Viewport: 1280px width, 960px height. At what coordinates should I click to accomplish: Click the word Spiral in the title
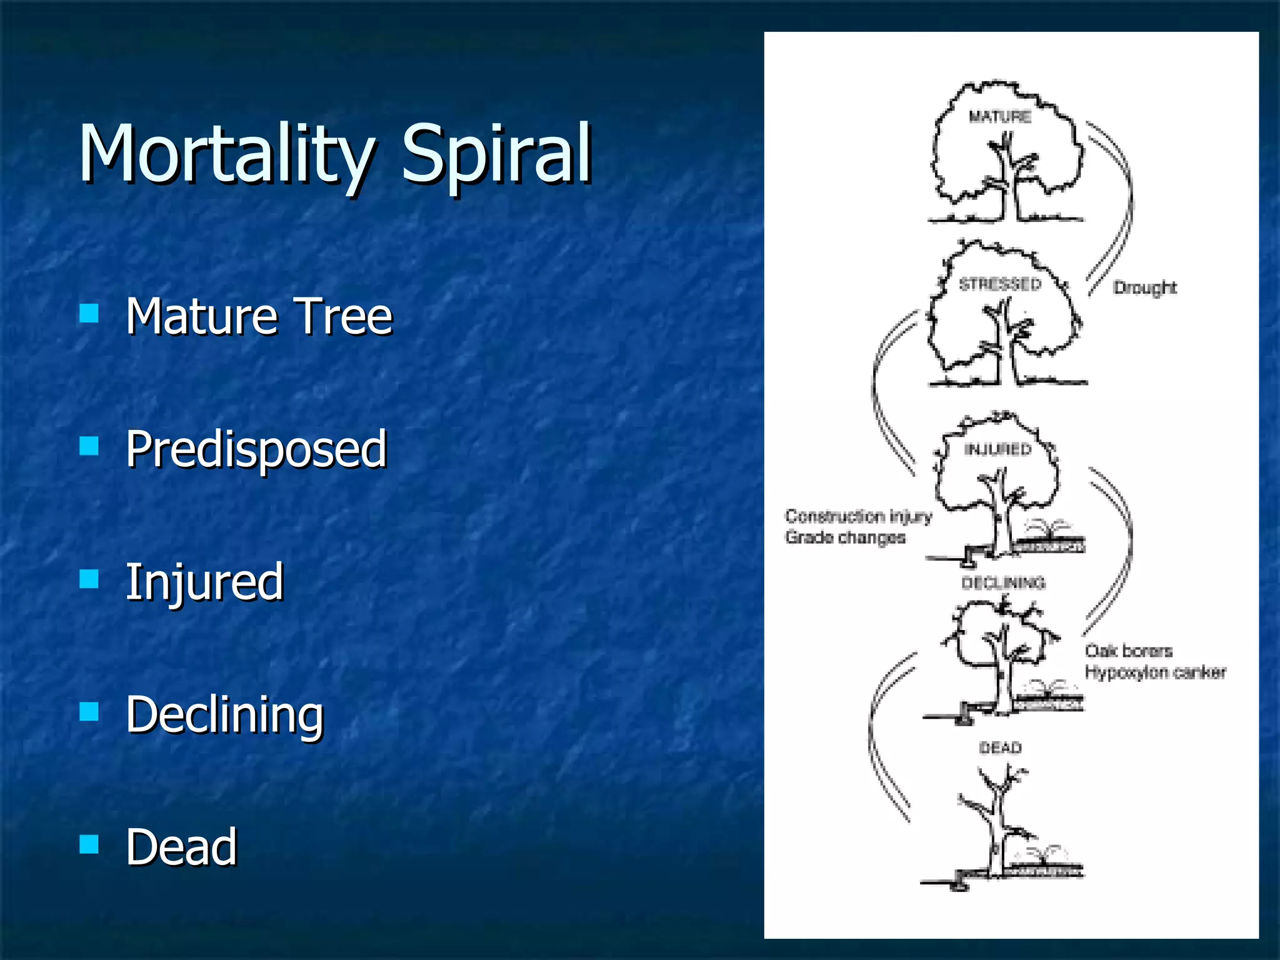pyautogui.click(x=497, y=154)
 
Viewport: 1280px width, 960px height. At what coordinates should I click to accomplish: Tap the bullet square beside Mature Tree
pyautogui.click(x=89, y=313)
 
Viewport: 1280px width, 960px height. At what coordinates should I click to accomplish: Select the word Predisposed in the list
pyautogui.click(x=256, y=449)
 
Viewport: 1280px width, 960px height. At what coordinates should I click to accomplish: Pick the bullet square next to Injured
pyautogui.click(x=89, y=579)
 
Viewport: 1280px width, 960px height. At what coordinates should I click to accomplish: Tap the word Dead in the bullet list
pyautogui.click(x=181, y=847)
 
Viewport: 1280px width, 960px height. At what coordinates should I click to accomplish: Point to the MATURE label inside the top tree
pyautogui.click(x=1000, y=117)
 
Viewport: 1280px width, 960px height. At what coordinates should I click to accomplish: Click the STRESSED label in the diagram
pyautogui.click(x=1000, y=284)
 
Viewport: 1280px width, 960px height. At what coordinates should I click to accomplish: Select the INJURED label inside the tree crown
pyautogui.click(x=997, y=449)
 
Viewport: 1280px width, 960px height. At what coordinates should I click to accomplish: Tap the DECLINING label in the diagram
pyautogui.click(x=1003, y=583)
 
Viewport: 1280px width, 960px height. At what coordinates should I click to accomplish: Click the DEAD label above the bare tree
pyautogui.click(x=1000, y=747)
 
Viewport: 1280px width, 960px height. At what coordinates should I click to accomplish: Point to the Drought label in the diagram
pyautogui.click(x=1145, y=287)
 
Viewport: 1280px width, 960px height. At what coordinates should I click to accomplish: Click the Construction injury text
pyautogui.click(x=858, y=516)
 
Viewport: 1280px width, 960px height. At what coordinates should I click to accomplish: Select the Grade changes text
pyautogui.click(x=845, y=537)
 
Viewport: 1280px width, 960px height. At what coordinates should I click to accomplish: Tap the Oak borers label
pyautogui.click(x=1129, y=651)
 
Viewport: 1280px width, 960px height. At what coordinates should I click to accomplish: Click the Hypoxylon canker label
pyautogui.click(x=1155, y=672)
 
